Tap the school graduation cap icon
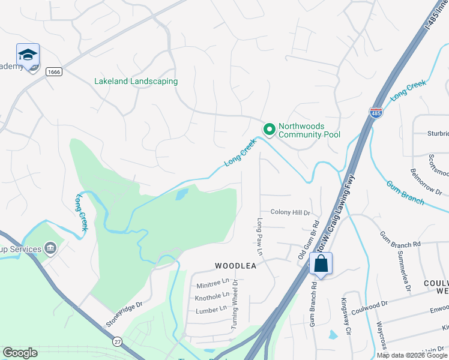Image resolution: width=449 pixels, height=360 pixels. coord(28,56)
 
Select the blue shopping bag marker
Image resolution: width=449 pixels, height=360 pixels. coord(321,264)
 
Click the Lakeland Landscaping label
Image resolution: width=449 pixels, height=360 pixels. coord(136,81)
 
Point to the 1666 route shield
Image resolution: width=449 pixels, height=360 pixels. coord(55,71)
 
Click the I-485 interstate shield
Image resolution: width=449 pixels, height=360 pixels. coord(375,113)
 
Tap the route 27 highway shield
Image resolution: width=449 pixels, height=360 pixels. coord(116,341)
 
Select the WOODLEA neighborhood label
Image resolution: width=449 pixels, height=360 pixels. coord(236,265)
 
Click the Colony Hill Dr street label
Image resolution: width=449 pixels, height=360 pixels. coord(290,212)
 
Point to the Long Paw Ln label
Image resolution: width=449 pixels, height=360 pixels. coord(260,234)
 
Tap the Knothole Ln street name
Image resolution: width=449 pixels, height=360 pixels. coord(212,296)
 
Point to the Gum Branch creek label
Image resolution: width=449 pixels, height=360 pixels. coord(405,193)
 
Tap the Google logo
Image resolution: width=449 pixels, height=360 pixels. coord(20,353)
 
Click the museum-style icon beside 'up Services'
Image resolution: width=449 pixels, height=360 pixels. coord(50,248)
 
